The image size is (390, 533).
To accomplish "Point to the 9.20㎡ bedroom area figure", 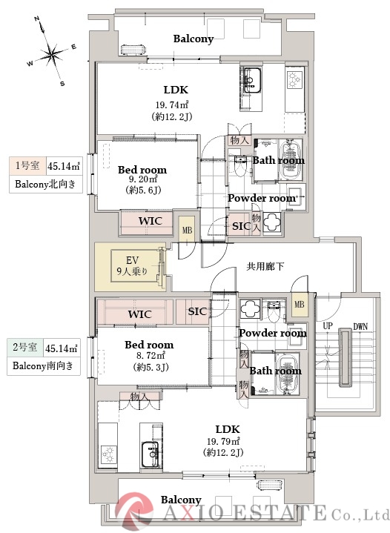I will [x=142, y=180].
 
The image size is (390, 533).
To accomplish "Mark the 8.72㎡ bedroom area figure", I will [x=148, y=356].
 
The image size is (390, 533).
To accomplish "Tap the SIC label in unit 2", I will [x=197, y=311].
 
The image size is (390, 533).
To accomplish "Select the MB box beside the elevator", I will [x=187, y=231].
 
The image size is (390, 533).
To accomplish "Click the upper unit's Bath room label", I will [x=278, y=160].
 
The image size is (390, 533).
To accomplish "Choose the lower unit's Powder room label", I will [x=272, y=334].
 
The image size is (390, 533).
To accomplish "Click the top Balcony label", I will [x=193, y=39].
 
